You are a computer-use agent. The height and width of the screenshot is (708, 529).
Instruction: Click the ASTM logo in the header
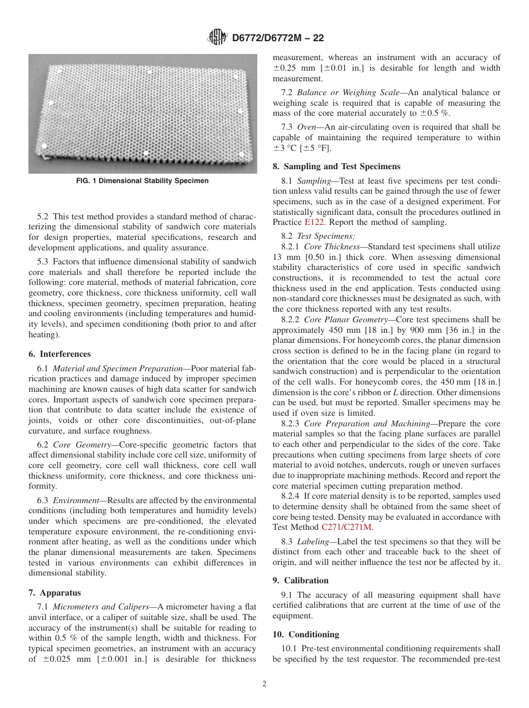point(218,38)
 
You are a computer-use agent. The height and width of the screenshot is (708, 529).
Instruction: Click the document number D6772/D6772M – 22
point(277,38)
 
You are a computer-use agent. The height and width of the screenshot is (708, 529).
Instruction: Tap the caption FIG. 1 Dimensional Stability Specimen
point(143,181)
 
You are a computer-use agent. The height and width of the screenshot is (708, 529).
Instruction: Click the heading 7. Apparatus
point(55,593)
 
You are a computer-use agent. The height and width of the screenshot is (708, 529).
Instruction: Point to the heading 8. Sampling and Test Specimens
point(336,166)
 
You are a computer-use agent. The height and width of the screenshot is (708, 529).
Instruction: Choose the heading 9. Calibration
point(301,581)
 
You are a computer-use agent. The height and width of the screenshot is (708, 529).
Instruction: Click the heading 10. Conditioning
point(306,635)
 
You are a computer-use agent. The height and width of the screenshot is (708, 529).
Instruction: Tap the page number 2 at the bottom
point(264,684)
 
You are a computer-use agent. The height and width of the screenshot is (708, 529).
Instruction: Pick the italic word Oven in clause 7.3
point(306,127)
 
